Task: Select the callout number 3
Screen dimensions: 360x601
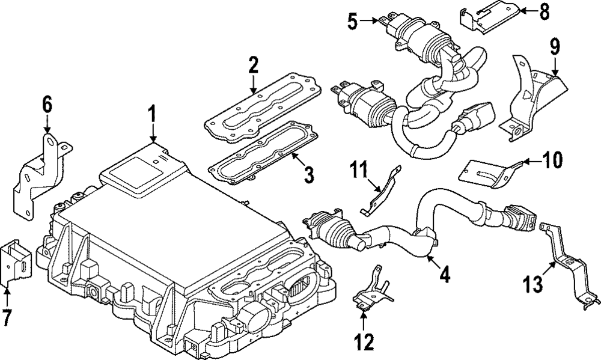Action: point(308,176)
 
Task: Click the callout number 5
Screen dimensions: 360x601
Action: point(352,22)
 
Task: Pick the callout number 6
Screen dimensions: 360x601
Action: point(47,105)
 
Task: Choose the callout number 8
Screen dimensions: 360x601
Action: point(544,11)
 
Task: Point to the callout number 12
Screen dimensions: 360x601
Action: point(364,342)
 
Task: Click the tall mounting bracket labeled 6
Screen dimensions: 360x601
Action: point(39,174)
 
